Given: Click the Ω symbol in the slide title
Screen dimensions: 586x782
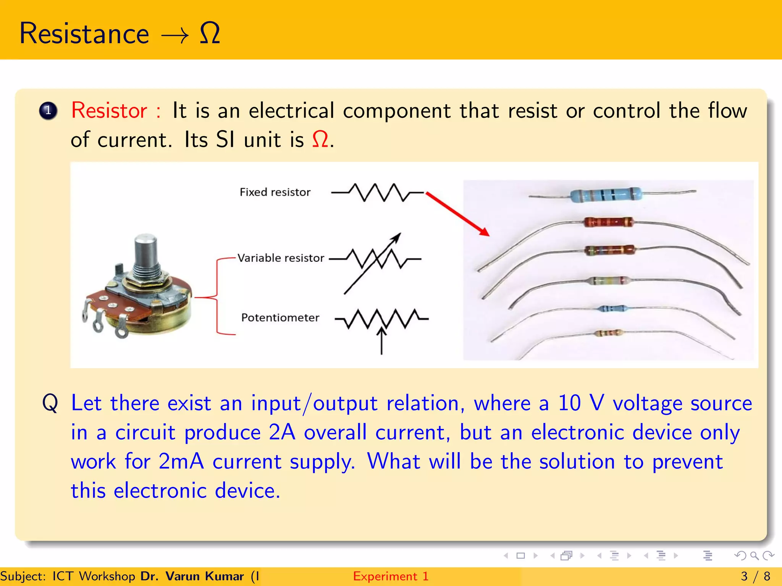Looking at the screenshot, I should coord(210,33).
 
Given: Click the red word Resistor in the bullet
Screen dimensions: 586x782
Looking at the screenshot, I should coord(109,111).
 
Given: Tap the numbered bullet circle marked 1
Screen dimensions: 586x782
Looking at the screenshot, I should coord(48,111).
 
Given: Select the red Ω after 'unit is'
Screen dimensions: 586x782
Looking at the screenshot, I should coord(320,139).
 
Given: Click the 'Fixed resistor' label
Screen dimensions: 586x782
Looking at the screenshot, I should coord(275,192).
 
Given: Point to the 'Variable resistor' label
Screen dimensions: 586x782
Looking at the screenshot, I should coord(281,258).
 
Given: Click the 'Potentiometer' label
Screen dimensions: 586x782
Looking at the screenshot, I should coord(280,317).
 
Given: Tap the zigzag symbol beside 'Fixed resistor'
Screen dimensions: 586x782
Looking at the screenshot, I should coord(377,192).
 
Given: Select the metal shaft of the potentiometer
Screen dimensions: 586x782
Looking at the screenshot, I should coord(145,252).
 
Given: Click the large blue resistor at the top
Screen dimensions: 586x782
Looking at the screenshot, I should coord(606,195).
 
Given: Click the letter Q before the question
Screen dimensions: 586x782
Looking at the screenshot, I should coord(50,403).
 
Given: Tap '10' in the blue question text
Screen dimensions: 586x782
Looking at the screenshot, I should coord(569,403).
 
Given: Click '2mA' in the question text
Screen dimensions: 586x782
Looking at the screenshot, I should coord(181,461).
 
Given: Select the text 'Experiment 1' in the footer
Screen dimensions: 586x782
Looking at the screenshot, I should coord(391,576).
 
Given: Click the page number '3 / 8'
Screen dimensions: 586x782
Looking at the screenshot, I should coord(755,576).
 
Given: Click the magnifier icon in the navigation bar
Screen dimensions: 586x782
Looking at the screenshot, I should coord(754,556).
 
